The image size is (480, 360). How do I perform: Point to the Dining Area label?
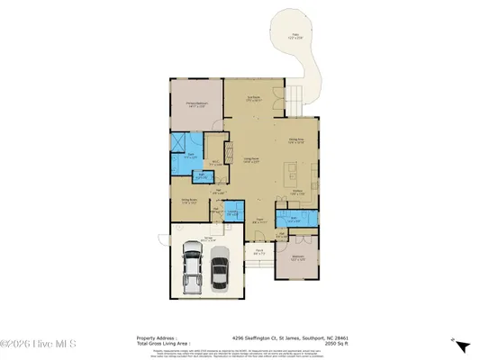pos(295,140)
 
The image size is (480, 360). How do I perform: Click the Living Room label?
pos(254,159)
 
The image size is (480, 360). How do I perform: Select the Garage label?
pos(208,238)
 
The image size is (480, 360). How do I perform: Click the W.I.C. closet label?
pos(214,163)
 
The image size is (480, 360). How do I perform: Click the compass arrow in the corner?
pos(461,346)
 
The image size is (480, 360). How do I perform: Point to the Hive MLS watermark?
pos(29,344)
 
